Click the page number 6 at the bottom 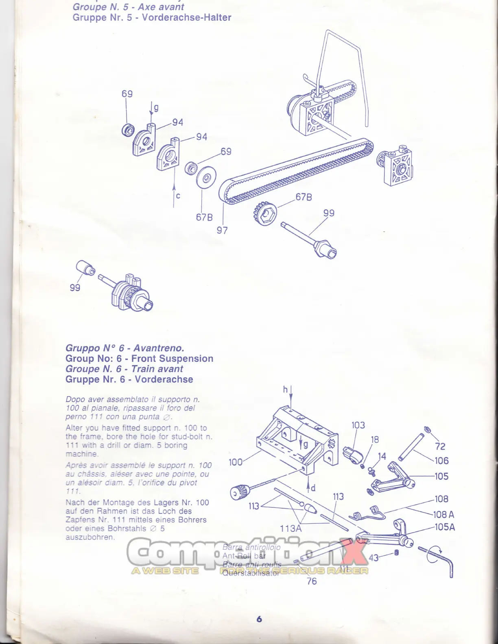259,619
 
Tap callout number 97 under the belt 222,231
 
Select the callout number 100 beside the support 236,462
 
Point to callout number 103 358,425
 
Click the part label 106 441,461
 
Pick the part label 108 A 443,514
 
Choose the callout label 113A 290,529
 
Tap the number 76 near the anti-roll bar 312,581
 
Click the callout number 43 374,557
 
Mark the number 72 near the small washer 440,446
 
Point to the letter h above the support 285,389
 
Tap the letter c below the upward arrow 178,196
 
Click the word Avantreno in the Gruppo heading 159,348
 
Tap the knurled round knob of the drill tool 238,492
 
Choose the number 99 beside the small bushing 75,287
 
